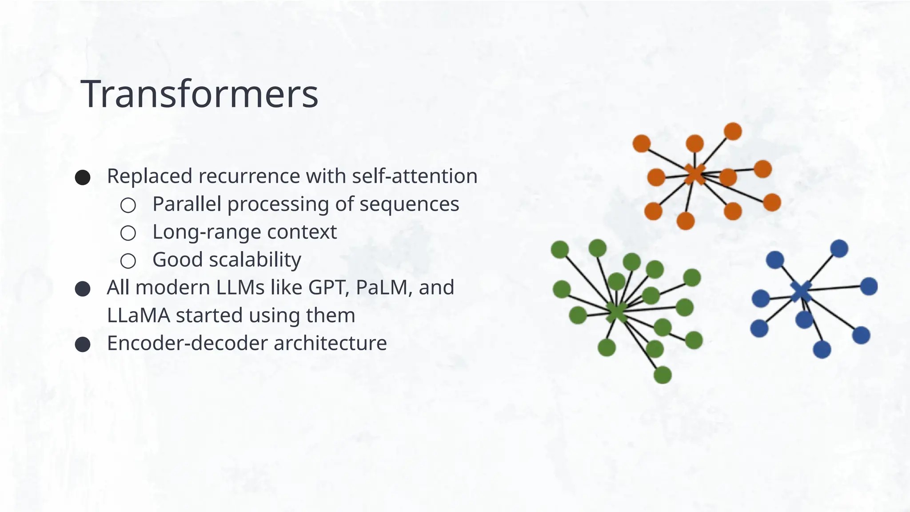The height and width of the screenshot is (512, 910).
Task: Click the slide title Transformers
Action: [x=200, y=94]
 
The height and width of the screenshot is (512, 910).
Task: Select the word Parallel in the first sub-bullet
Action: [x=187, y=204]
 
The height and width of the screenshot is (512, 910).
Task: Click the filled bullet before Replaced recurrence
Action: [x=83, y=177]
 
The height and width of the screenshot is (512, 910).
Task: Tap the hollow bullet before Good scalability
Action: [x=128, y=261]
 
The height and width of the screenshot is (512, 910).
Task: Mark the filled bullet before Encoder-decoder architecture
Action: [x=83, y=344]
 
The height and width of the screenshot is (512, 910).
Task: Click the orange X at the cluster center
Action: [x=694, y=174]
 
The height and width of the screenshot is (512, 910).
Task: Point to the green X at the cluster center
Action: [x=616, y=312]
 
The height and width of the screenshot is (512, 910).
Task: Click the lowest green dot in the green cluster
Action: [x=663, y=375]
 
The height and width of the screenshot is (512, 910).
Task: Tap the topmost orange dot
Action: [x=733, y=132]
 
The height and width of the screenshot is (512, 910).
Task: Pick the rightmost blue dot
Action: [x=869, y=286]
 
